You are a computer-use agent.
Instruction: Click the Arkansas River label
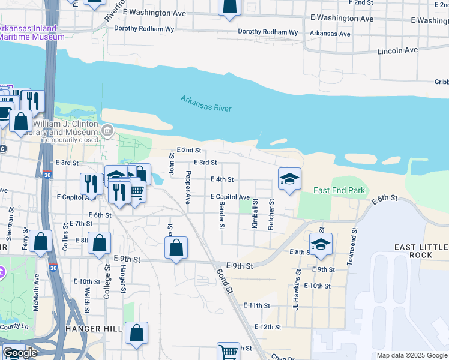(x=206, y=103)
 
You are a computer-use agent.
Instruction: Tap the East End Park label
(x=339, y=191)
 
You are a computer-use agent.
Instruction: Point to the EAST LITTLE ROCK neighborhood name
(x=421, y=251)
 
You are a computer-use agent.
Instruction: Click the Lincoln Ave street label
(x=397, y=51)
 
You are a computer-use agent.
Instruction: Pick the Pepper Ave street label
(x=188, y=187)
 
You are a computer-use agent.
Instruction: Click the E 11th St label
(x=256, y=305)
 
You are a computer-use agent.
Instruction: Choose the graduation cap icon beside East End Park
(x=289, y=178)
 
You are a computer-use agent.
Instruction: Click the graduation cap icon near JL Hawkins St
(x=321, y=243)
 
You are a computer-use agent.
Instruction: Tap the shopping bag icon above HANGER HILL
(x=137, y=333)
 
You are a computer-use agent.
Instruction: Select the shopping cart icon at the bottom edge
(x=228, y=351)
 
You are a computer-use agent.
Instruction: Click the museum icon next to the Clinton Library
(x=107, y=130)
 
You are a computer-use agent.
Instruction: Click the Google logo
(x=19, y=353)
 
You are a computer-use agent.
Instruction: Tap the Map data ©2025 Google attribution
(x=412, y=355)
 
